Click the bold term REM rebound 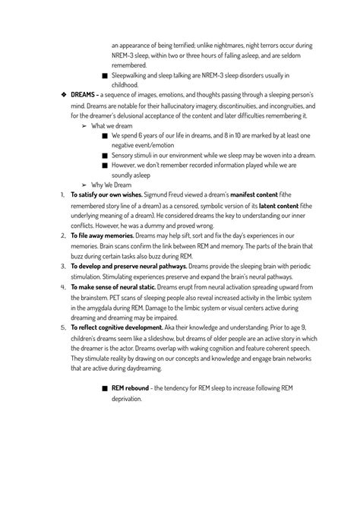(130, 387)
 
